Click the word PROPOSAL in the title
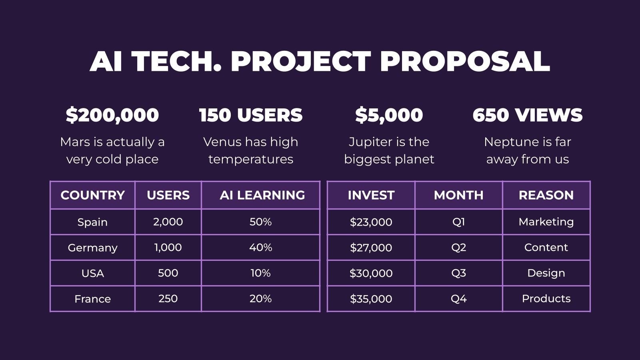point(465,61)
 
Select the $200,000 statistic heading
point(112,115)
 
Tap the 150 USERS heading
point(251,115)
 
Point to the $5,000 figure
point(389,115)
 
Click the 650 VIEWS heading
point(527,115)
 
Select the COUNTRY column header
point(92,195)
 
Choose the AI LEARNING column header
point(262,195)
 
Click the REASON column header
point(546,195)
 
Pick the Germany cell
point(92,248)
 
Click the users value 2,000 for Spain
point(168,222)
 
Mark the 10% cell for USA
point(260,273)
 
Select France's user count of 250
point(168,298)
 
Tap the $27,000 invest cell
point(371,248)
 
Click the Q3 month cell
point(458,273)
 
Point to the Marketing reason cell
point(546,222)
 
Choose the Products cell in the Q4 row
point(546,298)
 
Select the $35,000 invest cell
point(371,299)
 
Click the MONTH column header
point(458,195)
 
